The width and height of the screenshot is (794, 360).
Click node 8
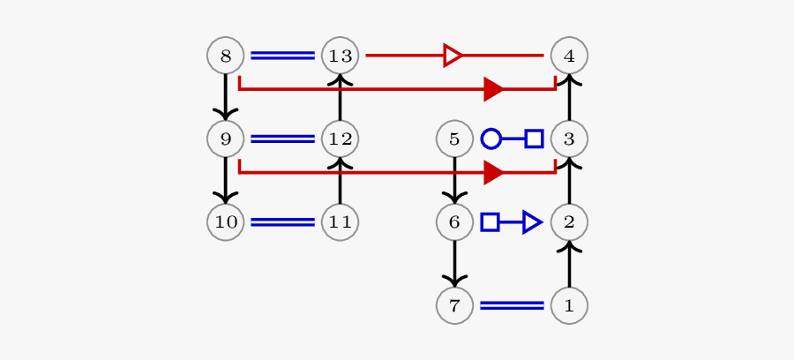click(226, 56)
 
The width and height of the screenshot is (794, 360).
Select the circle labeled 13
click(341, 56)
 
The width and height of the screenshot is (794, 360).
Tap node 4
click(569, 56)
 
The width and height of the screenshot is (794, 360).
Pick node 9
click(226, 139)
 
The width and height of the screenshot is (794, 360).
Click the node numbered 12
click(341, 139)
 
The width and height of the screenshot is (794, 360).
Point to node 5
click(454, 139)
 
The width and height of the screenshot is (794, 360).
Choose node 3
click(569, 139)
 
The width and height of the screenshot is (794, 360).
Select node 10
click(226, 221)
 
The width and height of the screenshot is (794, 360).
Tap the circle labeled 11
click(341, 221)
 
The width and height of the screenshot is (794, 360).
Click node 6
click(454, 221)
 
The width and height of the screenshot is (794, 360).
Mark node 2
click(569, 221)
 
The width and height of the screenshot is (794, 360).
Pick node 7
click(454, 305)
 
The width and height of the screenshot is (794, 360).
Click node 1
click(569, 305)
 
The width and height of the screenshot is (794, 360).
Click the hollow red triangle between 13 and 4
click(453, 56)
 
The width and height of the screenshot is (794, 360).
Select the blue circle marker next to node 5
click(491, 139)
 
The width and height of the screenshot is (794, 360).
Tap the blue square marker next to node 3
click(534, 139)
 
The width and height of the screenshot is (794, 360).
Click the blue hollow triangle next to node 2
click(531, 221)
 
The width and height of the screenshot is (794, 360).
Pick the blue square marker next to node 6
click(490, 221)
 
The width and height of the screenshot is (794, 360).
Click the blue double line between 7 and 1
click(512, 305)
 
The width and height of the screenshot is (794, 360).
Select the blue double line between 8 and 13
click(283, 56)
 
